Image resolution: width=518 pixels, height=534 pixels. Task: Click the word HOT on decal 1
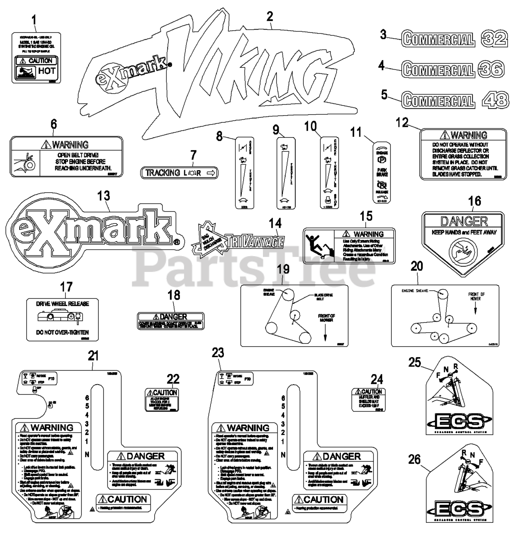(x=46, y=71)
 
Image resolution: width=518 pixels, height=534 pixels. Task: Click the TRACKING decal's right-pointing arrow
(x=210, y=173)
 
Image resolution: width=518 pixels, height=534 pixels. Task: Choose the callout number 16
(x=474, y=201)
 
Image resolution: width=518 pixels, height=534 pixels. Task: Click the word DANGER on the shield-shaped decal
(x=458, y=221)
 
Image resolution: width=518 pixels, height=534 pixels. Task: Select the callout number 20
(x=416, y=266)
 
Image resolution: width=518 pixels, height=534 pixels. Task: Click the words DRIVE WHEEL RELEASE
(x=63, y=304)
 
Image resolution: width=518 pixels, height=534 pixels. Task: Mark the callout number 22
(x=173, y=379)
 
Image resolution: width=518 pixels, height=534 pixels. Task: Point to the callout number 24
(x=376, y=379)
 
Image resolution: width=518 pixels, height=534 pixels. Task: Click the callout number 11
(x=355, y=133)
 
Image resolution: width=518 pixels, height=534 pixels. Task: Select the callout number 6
(x=53, y=125)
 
